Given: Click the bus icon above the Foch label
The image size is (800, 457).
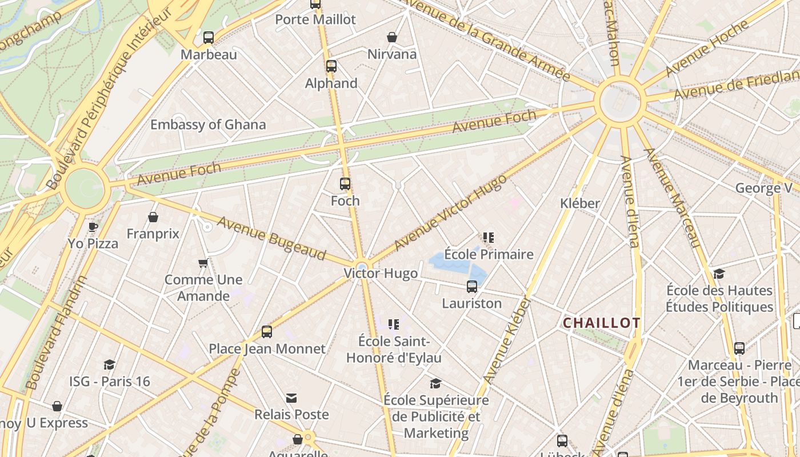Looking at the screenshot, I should click(x=345, y=184).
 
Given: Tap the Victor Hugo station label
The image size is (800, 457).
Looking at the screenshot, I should click(x=381, y=273).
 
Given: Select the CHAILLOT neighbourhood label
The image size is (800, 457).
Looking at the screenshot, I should click(x=602, y=323).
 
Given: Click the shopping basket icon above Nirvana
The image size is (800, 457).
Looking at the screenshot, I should click(x=392, y=38).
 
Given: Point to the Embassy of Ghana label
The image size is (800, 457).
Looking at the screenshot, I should click(x=208, y=125).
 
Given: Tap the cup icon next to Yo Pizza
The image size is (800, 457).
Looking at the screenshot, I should click(x=93, y=227).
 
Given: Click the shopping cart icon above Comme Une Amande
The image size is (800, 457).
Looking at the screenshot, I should click(x=203, y=263).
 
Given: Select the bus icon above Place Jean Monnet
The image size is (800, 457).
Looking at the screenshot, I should click(x=267, y=332).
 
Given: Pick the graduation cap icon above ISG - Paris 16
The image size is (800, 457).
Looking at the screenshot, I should click(x=109, y=364).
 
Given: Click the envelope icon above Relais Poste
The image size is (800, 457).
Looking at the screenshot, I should click(x=291, y=398).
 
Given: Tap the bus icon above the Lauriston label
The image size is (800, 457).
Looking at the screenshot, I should click(x=472, y=287).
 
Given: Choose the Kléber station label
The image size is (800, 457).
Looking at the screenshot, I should click(x=580, y=203).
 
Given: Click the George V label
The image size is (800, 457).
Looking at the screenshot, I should click(x=763, y=188).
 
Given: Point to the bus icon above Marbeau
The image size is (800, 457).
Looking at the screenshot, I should click(x=209, y=38).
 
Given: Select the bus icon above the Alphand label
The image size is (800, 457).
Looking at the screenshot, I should click(x=331, y=66).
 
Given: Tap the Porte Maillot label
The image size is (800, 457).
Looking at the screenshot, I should click(x=315, y=19).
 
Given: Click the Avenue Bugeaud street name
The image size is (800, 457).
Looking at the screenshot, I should click(x=271, y=239).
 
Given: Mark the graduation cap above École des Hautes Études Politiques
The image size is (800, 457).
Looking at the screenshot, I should click(x=719, y=274).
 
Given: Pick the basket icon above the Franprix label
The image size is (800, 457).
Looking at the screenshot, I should click(x=153, y=217).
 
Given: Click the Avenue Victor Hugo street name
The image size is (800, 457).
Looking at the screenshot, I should click(x=450, y=213).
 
